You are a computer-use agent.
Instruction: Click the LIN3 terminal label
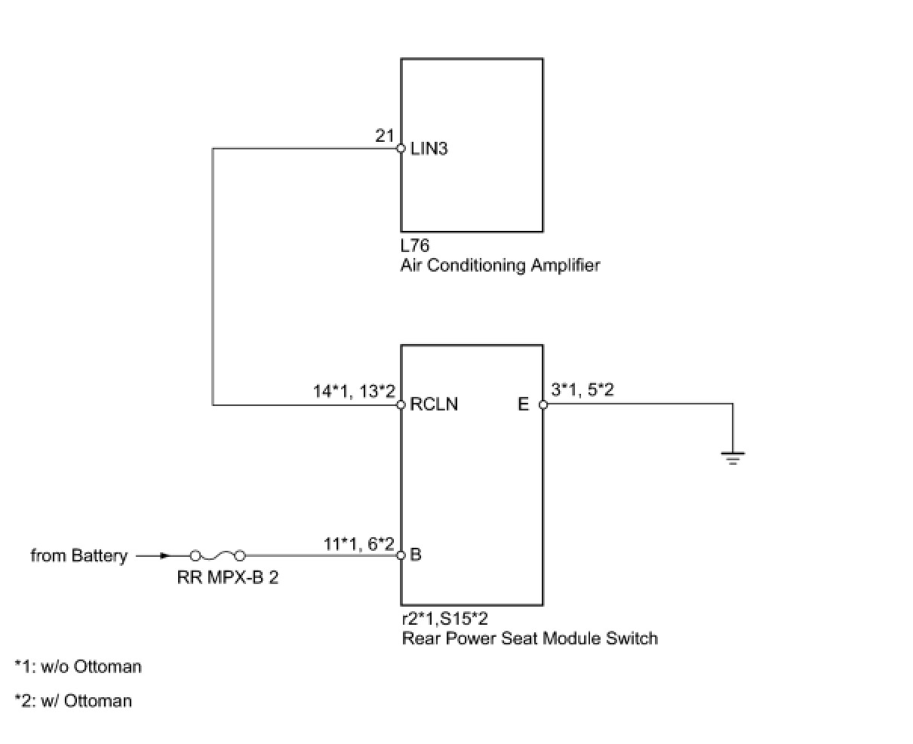pos(429,149)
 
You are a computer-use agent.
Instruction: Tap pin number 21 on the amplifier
pos(385,136)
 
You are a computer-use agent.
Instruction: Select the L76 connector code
pos(415,246)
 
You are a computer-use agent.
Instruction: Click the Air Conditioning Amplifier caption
pos(500,265)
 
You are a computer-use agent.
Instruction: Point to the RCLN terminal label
pos(434,404)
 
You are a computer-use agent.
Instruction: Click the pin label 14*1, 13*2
pos(354,391)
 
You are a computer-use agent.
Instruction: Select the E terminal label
pos(524,404)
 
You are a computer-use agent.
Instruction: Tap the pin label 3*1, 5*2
pos(582,390)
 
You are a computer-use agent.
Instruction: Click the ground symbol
pos(732,456)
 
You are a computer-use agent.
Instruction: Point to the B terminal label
pos(416,555)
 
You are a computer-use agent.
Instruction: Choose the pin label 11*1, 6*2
pos(359,543)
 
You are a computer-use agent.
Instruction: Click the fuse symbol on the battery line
pos(217,556)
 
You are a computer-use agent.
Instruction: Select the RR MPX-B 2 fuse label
pos(227,580)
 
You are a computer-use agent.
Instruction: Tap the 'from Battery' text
pos(78,556)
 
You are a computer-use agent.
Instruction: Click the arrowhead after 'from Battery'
pos(164,556)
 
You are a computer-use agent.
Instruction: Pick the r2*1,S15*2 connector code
pos(444,619)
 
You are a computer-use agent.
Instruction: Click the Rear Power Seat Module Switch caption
pos(530,638)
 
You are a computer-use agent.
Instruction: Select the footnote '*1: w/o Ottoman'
pos(78,666)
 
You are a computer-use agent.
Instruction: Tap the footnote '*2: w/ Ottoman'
pos(73,701)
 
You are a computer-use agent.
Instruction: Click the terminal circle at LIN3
pos(401,149)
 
